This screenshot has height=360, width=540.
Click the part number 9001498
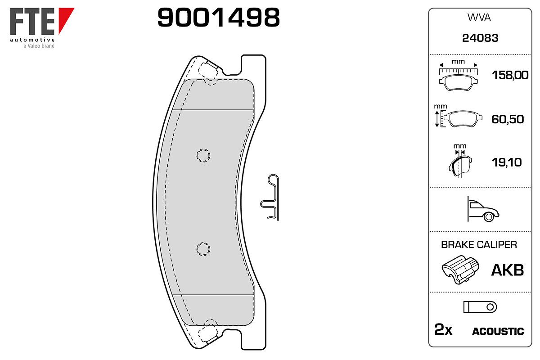click(218, 18)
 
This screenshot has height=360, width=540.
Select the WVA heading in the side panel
click(479, 18)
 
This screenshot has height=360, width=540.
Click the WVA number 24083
click(480, 38)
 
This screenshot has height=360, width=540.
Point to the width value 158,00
click(510, 75)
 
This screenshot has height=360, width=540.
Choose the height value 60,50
click(508, 119)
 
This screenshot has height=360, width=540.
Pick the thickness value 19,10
click(507, 162)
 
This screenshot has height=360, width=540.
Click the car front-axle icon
click(483, 209)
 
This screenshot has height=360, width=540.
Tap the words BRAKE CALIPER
click(479, 244)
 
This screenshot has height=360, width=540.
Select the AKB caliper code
click(508, 270)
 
